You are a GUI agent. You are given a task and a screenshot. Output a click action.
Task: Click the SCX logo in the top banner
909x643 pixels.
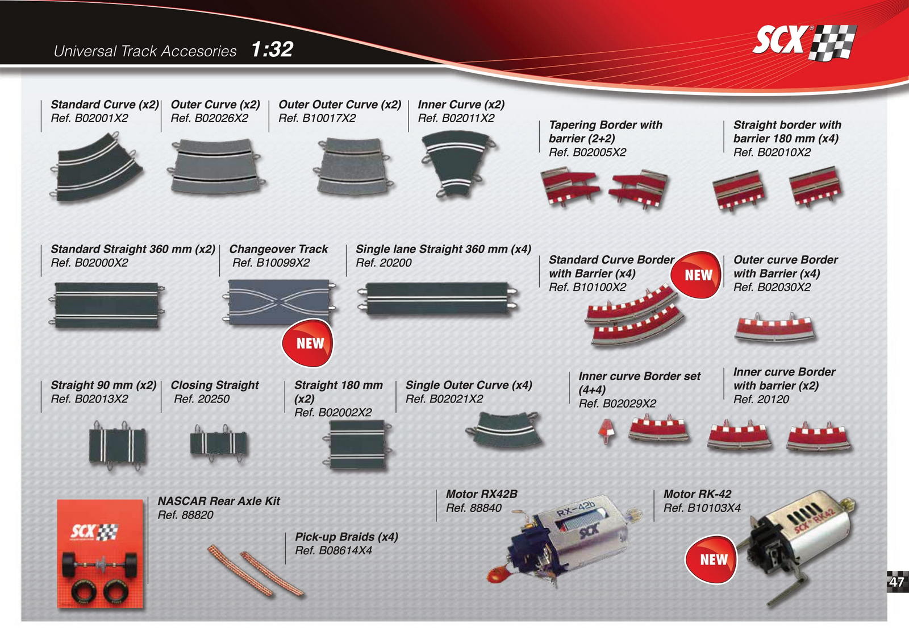tap(803, 42)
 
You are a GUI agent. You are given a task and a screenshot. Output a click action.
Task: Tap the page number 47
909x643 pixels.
tap(897, 582)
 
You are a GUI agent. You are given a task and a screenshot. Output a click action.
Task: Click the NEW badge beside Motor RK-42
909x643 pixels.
tap(712, 559)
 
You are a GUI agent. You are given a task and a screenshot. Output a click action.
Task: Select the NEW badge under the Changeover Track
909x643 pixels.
tap(308, 343)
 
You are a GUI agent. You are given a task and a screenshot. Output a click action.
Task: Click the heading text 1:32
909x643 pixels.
tap(272, 49)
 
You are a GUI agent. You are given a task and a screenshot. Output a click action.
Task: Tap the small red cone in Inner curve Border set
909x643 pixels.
tap(607, 430)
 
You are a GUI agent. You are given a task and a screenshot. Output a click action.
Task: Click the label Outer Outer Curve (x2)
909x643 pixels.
tap(339, 105)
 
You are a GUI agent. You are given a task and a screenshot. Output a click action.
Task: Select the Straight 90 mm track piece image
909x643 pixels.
tap(117, 445)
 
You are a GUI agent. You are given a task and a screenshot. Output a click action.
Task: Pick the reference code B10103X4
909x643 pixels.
tap(702, 508)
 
